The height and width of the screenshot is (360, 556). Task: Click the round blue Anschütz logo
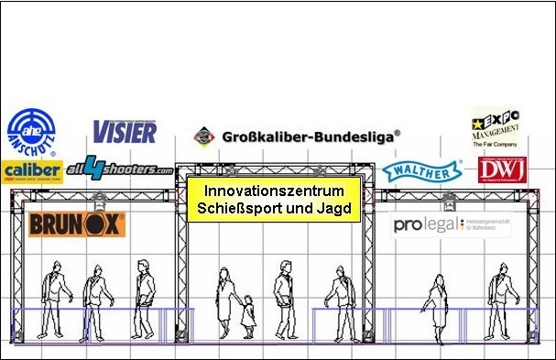coord(31,134)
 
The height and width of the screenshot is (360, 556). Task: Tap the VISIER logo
coord(125,131)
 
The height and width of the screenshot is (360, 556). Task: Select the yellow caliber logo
coord(32,170)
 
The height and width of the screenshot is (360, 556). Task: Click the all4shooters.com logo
coord(119,168)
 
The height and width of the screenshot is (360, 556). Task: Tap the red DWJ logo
coord(499,169)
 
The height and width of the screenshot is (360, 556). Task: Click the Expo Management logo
coord(495,127)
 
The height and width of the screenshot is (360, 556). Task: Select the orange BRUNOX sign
coord(77,223)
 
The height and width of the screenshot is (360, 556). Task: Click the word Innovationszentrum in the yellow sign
coord(274,192)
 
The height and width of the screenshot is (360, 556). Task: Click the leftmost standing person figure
coord(56,298)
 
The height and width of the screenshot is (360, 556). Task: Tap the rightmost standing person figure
coord(498,298)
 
